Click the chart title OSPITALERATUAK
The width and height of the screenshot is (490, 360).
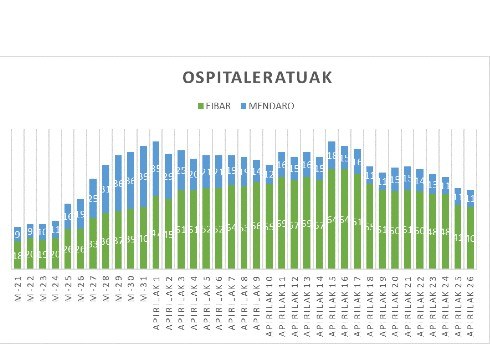(257, 78)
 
